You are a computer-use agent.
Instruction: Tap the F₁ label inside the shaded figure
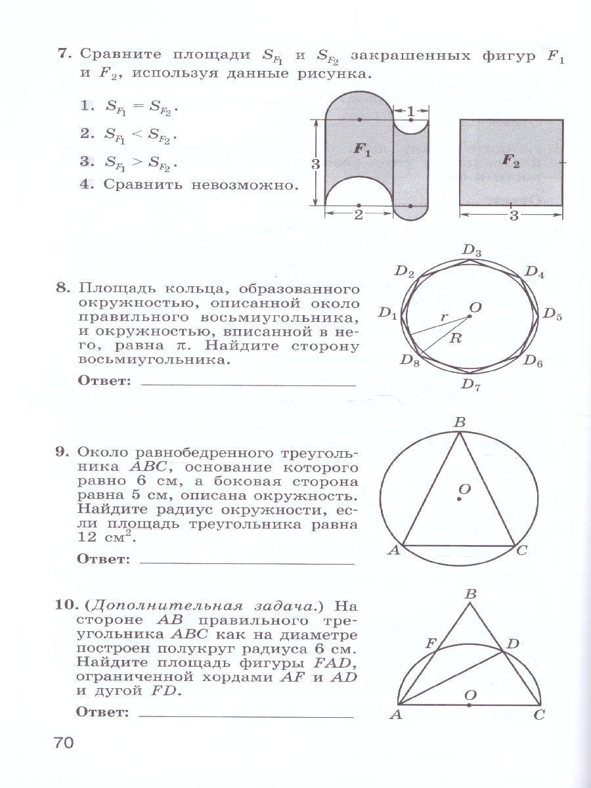362,150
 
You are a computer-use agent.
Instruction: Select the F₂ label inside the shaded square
510,162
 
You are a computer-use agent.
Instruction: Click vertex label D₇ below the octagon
470,385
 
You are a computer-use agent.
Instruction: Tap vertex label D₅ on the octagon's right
553,314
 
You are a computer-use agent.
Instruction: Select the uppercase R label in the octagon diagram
454,339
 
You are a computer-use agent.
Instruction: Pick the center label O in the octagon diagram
475,307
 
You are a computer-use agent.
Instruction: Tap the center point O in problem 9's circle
459,500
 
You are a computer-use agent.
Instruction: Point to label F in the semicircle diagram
430,643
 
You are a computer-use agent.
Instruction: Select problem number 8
62,288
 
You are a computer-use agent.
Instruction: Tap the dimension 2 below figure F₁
359,216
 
